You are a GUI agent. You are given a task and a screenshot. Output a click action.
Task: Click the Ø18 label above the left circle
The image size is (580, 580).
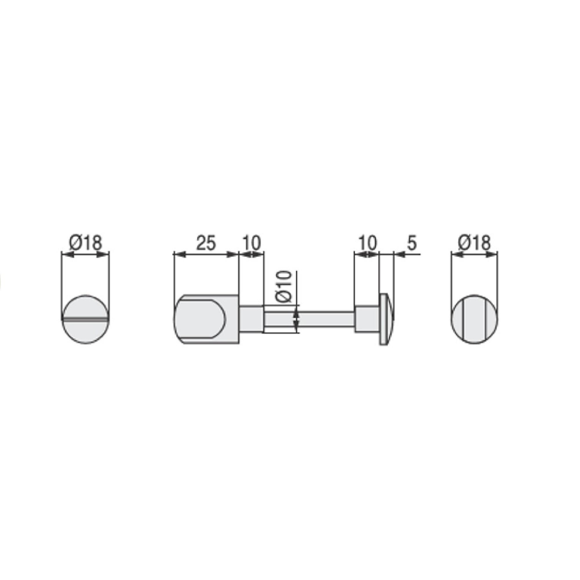click(x=86, y=244)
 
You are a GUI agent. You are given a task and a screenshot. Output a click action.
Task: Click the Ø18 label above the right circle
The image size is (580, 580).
click(x=475, y=244)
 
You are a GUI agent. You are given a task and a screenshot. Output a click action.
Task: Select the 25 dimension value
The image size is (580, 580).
click(x=206, y=244)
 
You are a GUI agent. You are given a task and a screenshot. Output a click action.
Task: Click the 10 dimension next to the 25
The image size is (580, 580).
click(x=251, y=244)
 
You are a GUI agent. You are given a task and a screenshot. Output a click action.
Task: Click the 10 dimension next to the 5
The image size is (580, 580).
click(x=367, y=244)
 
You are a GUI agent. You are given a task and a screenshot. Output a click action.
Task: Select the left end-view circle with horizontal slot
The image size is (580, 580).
click(x=86, y=319)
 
